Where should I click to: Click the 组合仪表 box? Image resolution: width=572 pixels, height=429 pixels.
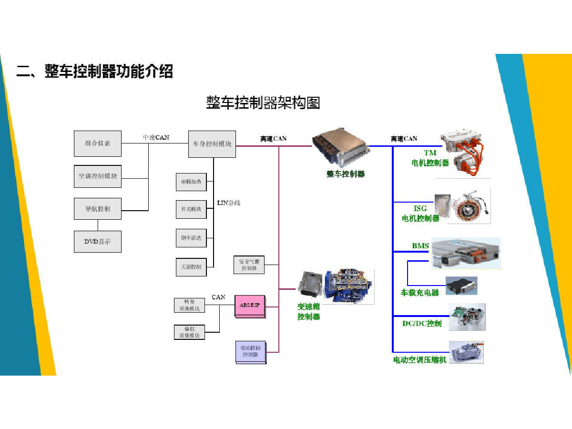tap(97, 143)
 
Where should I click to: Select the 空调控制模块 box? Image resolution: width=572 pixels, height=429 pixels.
tap(97, 176)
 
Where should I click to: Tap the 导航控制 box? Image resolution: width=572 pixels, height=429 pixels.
tap(97, 209)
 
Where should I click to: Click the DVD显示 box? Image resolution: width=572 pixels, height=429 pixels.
tap(97, 242)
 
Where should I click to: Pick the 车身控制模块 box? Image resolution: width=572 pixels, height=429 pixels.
tap(212, 143)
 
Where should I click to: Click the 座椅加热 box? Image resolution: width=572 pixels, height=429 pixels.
tap(191, 182)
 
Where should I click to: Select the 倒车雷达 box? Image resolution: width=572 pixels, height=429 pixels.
tap(191, 238)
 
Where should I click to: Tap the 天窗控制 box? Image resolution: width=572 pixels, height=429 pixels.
tap(191, 266)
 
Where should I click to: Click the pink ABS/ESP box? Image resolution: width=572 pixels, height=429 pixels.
tap(249, 306)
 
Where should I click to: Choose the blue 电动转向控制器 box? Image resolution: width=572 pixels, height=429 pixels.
tap(250, 352)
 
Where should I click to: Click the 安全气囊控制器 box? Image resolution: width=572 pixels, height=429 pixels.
tap(249, 265)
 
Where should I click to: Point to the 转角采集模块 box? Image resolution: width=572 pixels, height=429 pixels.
tap(189, 305)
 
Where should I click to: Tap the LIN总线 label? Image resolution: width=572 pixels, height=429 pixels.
tap(229, 203)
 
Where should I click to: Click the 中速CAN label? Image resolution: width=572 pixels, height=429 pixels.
tap(156, 137)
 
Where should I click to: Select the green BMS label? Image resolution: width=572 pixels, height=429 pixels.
tap(420, 246)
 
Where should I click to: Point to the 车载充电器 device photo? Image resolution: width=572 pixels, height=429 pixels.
tap(461, 286)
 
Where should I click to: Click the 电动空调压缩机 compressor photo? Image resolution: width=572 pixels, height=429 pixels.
tap(467, 352)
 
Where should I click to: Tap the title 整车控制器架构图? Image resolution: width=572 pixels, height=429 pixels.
tap(263, 102)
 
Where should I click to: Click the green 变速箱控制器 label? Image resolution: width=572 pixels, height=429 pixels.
tap(308, 312)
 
